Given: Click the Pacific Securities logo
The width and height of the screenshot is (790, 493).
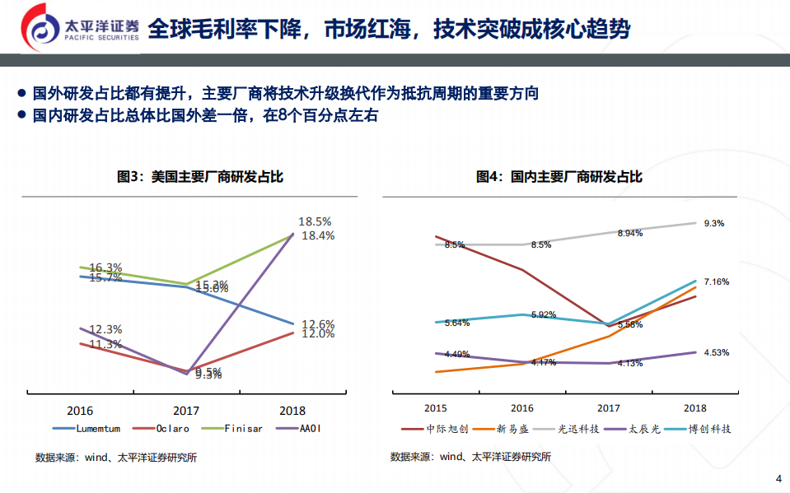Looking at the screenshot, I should pos(74,29).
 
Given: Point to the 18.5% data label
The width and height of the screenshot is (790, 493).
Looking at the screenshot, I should pos(315,221).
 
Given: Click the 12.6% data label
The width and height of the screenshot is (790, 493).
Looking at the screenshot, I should pos(317,323).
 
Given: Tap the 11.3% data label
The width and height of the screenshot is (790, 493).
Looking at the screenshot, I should pos(105,344).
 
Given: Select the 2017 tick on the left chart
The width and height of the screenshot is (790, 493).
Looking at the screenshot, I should pos(186,410).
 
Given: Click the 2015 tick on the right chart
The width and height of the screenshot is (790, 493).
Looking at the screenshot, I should pos(436,407).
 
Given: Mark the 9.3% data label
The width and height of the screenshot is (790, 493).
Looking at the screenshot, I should pos(714,223).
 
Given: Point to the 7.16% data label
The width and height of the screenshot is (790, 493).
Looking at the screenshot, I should pos(716,281).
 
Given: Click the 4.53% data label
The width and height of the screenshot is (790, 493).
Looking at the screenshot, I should pos(716,352).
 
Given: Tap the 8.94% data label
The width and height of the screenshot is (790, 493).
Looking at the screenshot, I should pos(629,234).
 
